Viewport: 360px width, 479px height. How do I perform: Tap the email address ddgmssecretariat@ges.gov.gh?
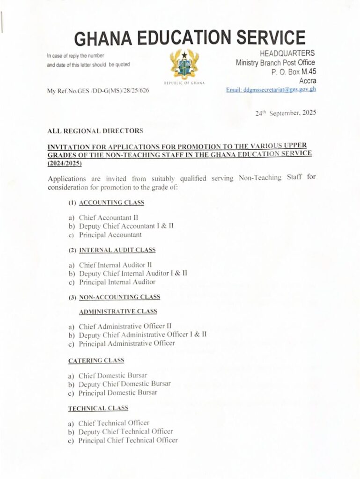coord(271,89)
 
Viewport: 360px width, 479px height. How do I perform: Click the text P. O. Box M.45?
coord(294,72)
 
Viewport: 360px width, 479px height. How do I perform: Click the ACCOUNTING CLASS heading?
coord(111,203)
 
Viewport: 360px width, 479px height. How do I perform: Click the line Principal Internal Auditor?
coord(117,282)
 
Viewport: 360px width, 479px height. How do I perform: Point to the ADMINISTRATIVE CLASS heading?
coord(118,311)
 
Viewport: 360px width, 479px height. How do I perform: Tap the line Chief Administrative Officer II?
coord(125,326)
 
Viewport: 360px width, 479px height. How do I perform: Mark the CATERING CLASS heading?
coord(96,361)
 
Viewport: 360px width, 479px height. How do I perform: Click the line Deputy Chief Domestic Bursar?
coord(125,384)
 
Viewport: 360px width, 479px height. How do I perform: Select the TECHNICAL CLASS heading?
coord(98,408)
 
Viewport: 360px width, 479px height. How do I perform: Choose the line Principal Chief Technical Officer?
coord(128,440)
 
